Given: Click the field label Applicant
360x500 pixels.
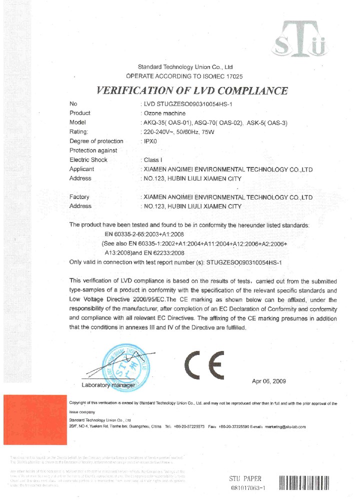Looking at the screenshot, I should pyautogui.click(x=81, y=169).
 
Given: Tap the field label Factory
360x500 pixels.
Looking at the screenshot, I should pyautogui.click(x=79, y=197).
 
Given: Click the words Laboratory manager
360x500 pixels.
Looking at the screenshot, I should pyautogui.click(x=108, y=385).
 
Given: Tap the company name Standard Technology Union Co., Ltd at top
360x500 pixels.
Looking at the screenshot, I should pyautogui.click(x=185, y=66).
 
